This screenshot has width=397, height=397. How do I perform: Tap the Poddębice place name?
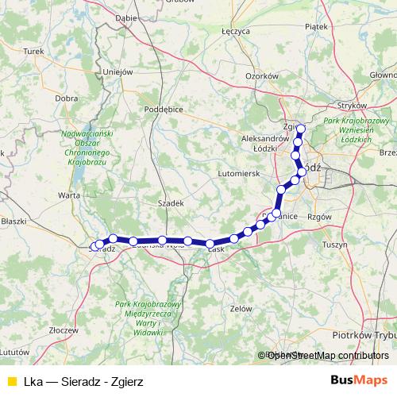167,110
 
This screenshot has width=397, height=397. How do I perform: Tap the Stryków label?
349,104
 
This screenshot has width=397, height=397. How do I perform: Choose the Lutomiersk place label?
238,172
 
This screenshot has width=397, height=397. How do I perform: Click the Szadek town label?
172,203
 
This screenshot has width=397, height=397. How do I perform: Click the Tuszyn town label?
336,245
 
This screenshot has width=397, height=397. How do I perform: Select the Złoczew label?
63,327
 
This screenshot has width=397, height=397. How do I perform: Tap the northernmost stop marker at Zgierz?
301,128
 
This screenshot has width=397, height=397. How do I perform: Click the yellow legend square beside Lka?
11,382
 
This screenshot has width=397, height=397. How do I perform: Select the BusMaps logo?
359,381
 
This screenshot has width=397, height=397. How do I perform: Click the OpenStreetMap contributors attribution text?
328,356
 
